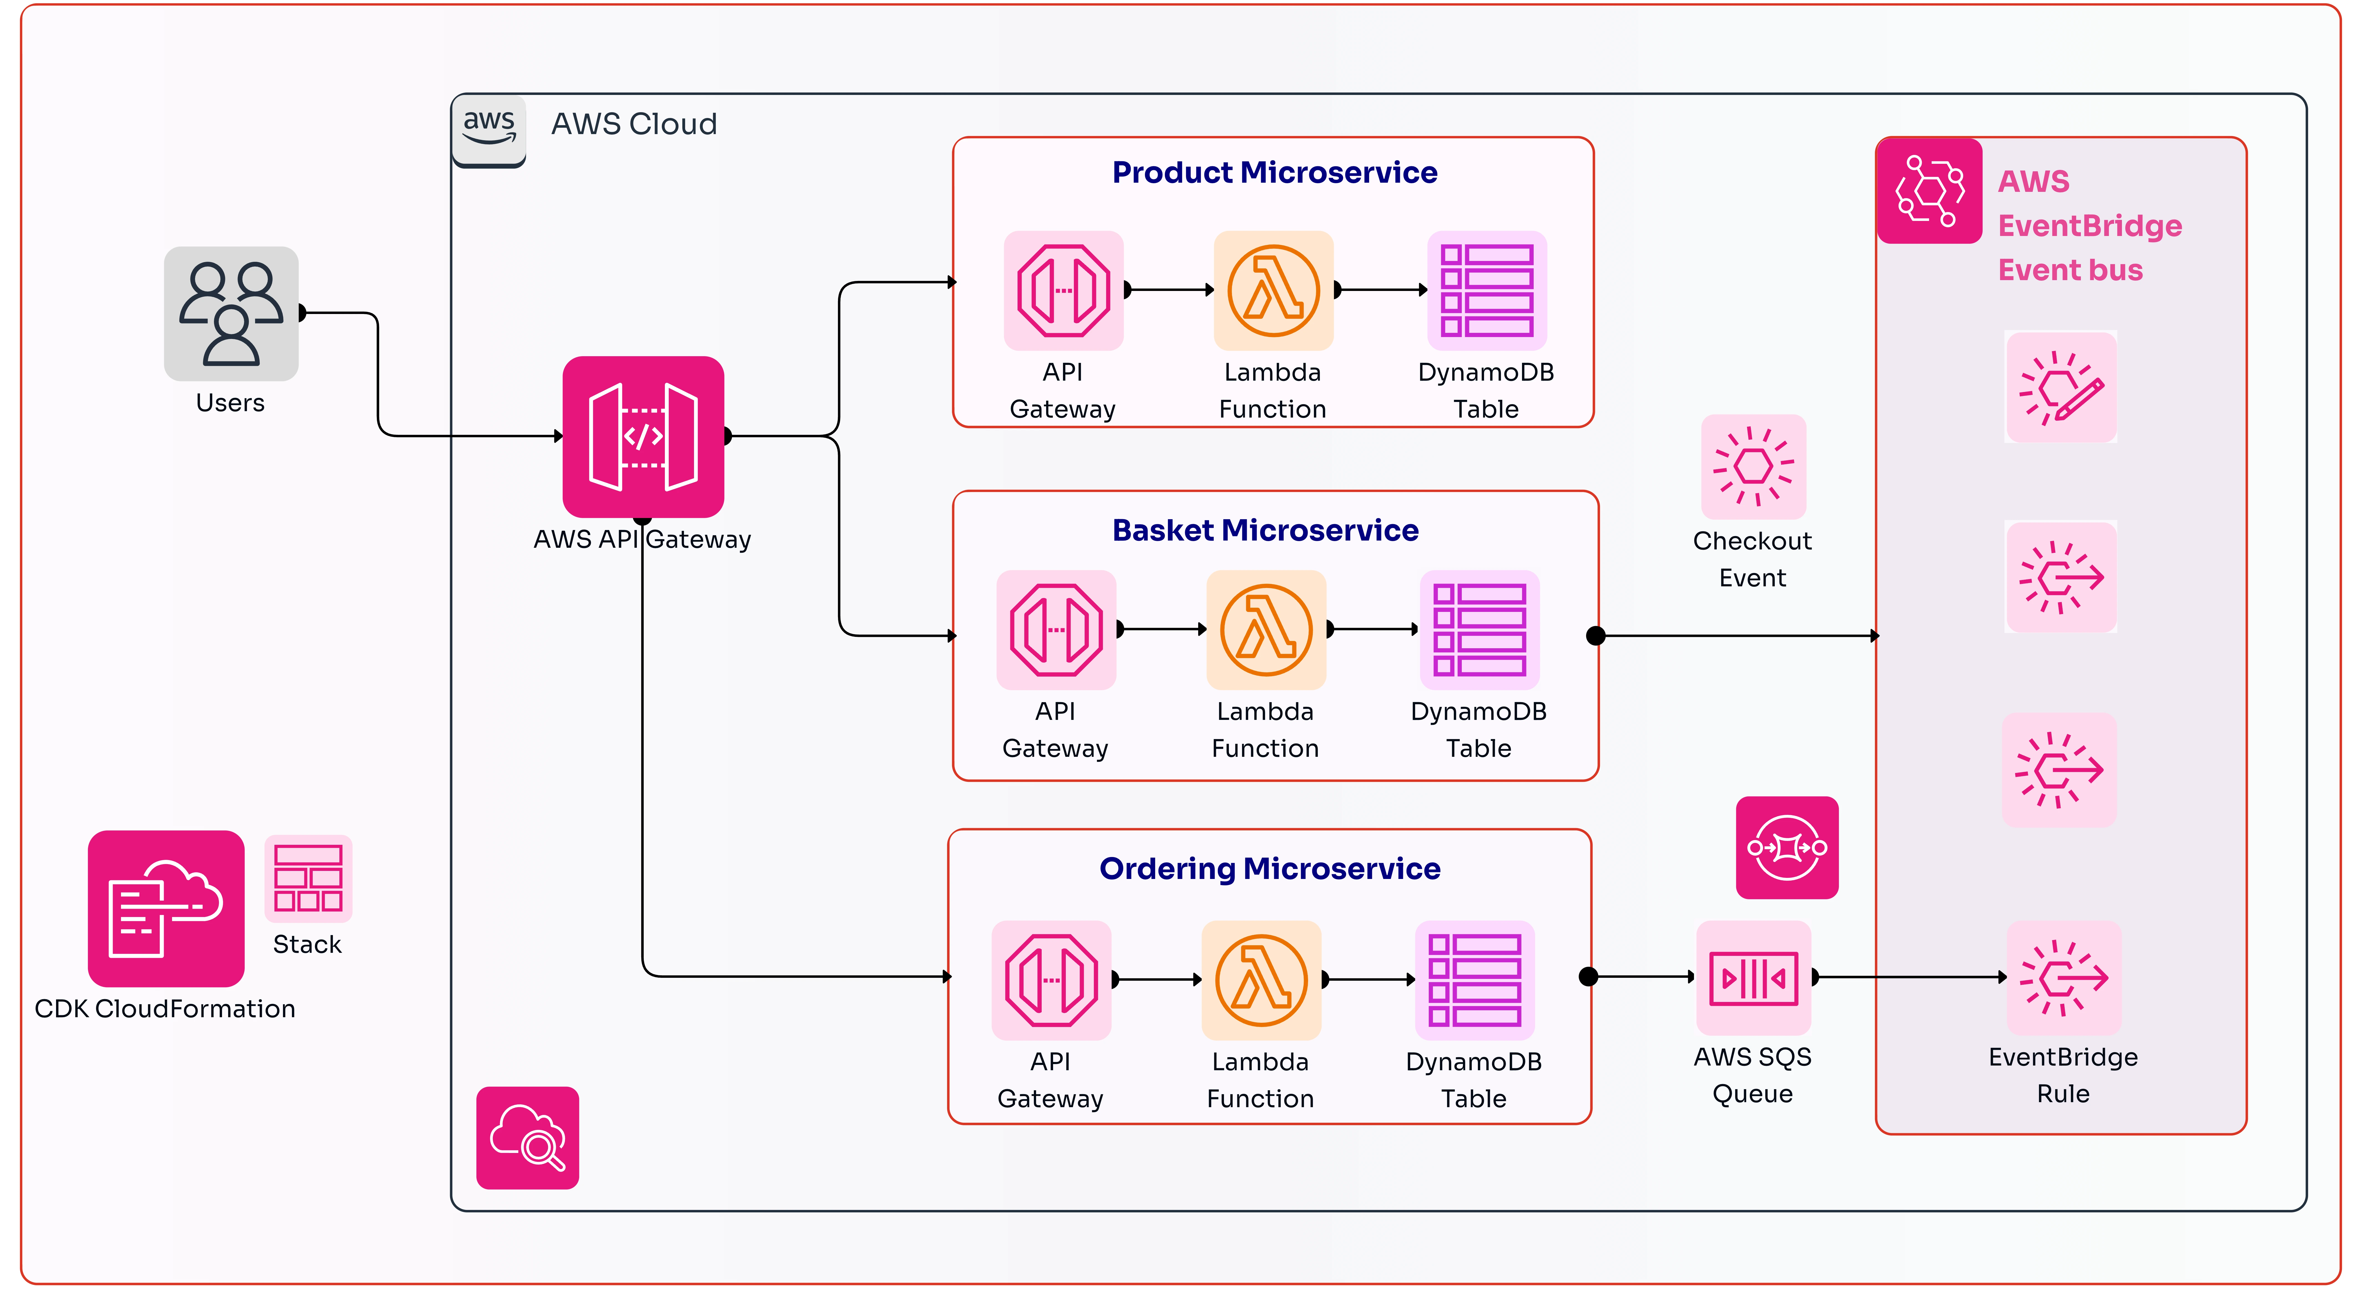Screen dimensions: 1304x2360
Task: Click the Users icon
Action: [x=231, y=313]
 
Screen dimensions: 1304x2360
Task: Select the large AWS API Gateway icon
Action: [x=643, y=437]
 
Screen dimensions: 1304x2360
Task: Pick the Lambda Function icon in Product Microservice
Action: [x=1273, y=290]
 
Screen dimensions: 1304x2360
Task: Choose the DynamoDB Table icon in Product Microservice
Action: [x=1487, y=290]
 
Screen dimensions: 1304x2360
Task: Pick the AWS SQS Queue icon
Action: [x=1753, y=978]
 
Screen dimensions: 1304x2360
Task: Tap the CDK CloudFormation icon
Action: [x=166, y=908]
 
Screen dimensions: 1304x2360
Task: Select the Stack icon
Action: [x=308, y=878]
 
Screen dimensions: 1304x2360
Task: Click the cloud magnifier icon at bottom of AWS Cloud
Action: [x=528, y=1138]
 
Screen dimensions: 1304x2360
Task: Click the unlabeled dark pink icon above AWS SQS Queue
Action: [x=1786, y=848]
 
